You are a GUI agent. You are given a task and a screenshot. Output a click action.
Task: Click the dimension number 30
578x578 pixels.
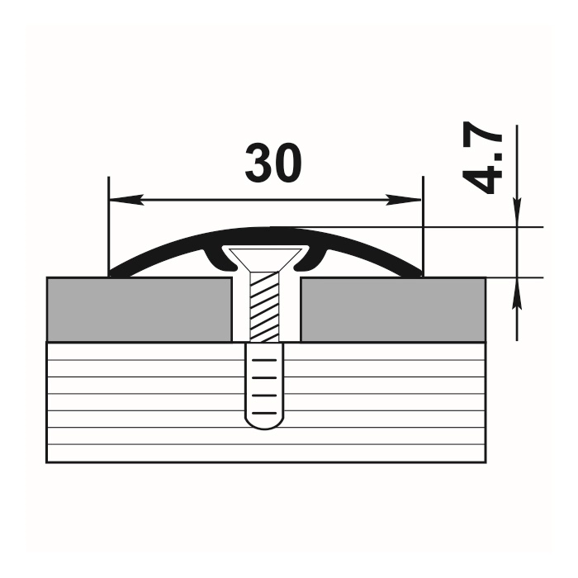[x=273, y=163]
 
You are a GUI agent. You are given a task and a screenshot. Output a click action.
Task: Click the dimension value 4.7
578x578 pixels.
[x=482, y=158]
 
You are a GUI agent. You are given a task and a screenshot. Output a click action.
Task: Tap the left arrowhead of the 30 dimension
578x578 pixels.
[x=126, y=200]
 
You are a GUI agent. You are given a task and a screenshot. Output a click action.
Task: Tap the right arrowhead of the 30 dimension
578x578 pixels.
[x=404, y=200]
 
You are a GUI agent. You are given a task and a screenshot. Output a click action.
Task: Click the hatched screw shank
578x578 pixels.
[x=265, y=306]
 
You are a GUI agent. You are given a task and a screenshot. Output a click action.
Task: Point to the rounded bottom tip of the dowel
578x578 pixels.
[x=265, y=427]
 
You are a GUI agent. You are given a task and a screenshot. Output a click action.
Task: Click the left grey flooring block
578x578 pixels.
[x=140, y=310]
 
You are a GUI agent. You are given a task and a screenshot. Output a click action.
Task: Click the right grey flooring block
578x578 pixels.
[x=393, y=310]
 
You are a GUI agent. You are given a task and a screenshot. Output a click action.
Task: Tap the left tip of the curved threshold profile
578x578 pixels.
[x=110, y=275]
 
